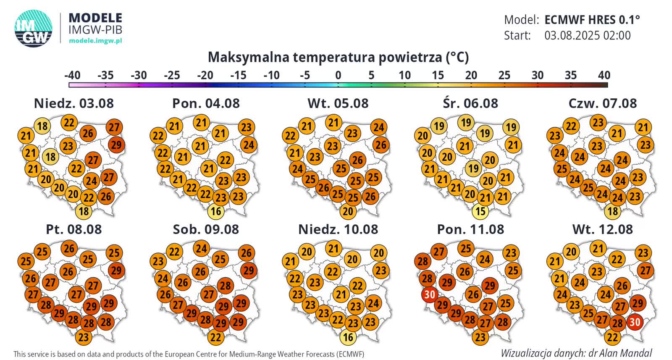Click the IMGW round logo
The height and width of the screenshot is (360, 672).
[x=33, y=28]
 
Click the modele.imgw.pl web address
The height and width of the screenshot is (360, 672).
[x=95, y=41]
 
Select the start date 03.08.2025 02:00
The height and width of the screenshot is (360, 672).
[x=587, y=35]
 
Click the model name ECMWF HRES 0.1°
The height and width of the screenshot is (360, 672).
[x=592, y=20]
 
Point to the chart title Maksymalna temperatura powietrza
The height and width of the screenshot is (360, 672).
[x=338, y=57]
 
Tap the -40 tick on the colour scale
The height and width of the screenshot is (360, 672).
[x=72, y=76]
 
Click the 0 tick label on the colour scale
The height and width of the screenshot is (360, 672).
[x=338, y=76]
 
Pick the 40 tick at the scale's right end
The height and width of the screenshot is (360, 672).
[x=604, y=76]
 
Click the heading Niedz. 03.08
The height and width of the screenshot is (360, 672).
[x=73, y=103]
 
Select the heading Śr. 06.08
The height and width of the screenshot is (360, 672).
[x=470, y=103]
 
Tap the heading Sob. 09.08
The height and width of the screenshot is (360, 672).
[x=206, y=229]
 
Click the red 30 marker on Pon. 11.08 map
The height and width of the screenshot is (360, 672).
[x=429, y=295]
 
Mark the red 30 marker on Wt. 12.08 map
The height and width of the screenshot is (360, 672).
[x=634, y=322]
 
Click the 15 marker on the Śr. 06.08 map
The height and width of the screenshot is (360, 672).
[x=480, y=211]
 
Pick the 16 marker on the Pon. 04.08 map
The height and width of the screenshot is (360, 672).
[x=216, y=211]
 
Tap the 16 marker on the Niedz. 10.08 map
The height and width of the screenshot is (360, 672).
[x=348, y=337]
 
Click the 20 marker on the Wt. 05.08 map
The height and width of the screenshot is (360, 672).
[x=348, y=211]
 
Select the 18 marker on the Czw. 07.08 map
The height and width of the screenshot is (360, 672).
[x=613, y=211]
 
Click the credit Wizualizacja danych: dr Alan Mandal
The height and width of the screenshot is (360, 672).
[x=576, y=353]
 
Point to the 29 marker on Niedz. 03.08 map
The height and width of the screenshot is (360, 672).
[x=116, y=145]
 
